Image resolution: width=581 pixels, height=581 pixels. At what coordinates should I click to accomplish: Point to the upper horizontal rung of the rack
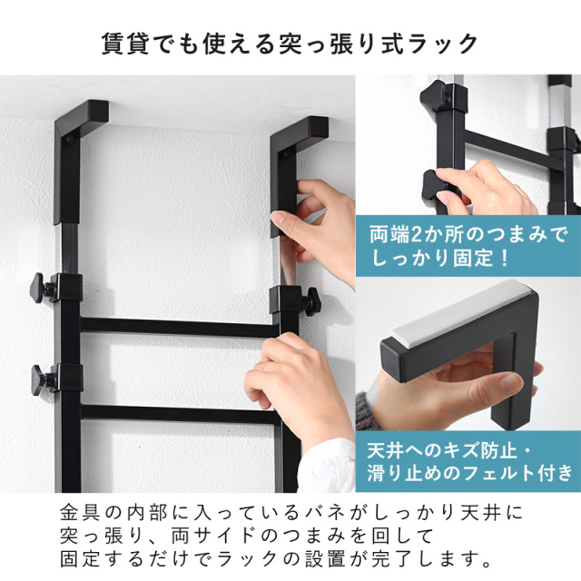172,324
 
